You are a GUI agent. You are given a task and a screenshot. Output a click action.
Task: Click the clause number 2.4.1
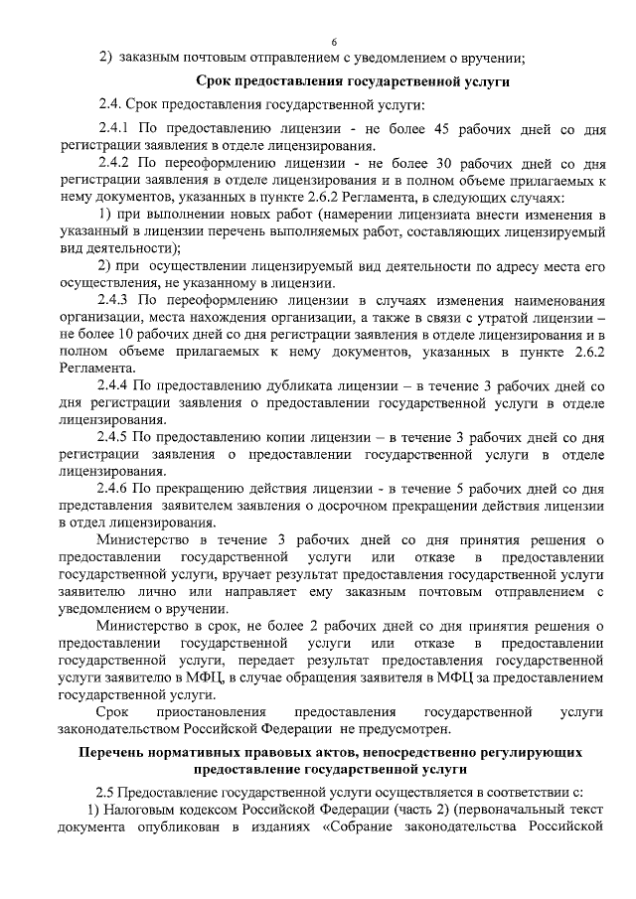114,131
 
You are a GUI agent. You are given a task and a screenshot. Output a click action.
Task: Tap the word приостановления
211,713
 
